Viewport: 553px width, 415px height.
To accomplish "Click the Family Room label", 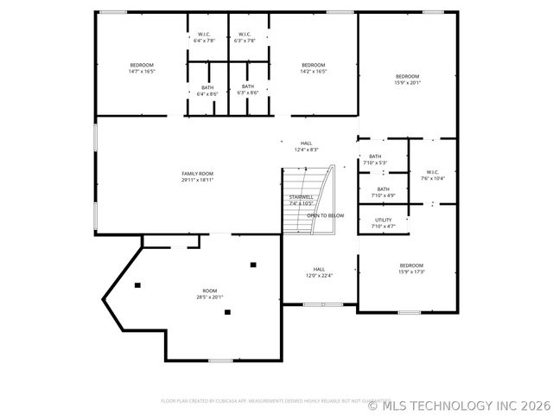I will tap(197, 174).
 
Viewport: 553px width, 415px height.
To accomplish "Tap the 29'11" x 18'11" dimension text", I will tap(197, 180).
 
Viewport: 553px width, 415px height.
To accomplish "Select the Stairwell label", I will tap(301, 197).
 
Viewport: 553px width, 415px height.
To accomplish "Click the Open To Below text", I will tap(325, 215).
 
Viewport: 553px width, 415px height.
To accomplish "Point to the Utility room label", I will tap(383, 220).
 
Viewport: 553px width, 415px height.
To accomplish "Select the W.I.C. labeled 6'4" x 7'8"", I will tap(204, 37).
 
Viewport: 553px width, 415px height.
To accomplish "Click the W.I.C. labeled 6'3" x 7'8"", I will tap(245, 37).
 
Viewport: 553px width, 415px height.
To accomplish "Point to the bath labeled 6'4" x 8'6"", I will tap(207, 90).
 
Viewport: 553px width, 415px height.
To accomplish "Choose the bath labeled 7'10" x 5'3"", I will tap(375, 159).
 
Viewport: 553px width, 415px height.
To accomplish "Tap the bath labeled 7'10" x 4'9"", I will tap(383, 192).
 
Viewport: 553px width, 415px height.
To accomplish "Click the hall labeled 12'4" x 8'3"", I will tap(306, 146).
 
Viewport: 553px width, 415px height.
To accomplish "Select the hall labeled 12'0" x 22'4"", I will tap(319, 271).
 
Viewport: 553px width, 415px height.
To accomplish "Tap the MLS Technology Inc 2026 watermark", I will tap(459, 404).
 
